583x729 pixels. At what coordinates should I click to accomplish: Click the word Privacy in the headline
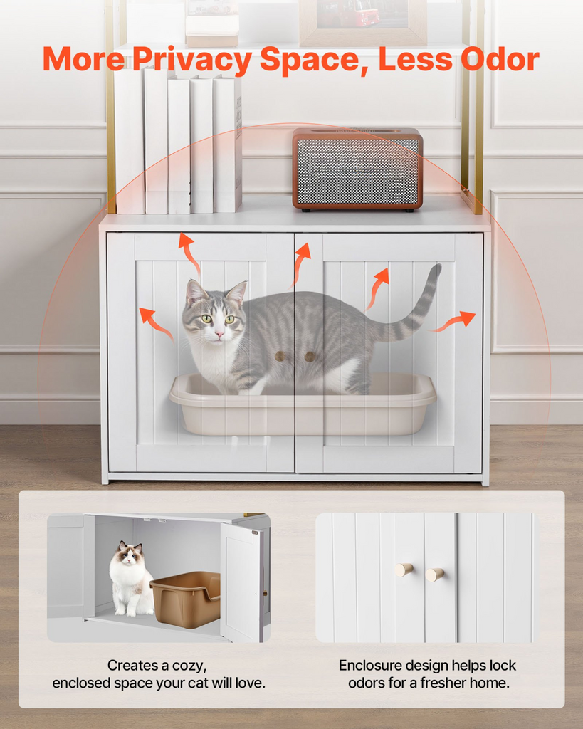click(x=192, y=60)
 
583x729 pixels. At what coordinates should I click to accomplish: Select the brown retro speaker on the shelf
click(x=357, y=169)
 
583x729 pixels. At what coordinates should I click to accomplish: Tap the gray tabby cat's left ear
click(x=193, y=292)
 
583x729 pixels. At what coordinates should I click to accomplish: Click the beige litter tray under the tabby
click(x=303, y=413)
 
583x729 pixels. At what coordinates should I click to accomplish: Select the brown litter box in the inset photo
click(x=187, y=598)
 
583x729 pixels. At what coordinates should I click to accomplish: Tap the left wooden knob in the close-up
click(x=404, y=570)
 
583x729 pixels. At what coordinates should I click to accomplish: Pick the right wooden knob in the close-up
click(x=435, y=574)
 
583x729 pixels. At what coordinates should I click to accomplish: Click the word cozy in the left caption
click(x=187, y=666)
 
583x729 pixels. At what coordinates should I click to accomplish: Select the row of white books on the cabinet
click(x=178, y=142)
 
